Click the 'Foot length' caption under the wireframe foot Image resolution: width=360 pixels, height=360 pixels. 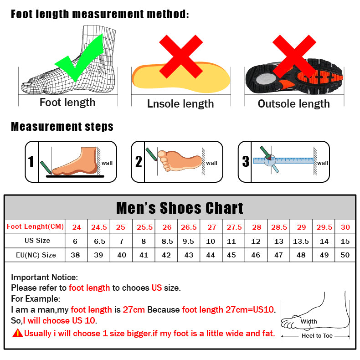pos(67,103)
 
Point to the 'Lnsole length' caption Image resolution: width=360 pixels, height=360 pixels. pos(180,104)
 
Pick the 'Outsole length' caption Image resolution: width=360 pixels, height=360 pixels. pos(293,104)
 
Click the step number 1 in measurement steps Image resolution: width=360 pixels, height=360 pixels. pos(31,162)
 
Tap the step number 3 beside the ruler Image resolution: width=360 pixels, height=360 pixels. pos(246,162)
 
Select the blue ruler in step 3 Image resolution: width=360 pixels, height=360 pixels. pos(283,160)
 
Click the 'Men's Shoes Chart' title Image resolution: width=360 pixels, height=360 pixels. pos(180,208)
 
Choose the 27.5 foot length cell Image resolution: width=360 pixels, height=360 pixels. pos(234,227)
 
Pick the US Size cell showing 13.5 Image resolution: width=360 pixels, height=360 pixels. pos(301,241)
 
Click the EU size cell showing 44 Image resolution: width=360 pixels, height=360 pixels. pos(211,255)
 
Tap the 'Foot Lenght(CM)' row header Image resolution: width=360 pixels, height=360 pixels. pos(36,226)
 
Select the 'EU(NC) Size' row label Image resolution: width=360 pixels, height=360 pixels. pos(36,255)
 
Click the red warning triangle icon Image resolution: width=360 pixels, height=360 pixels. pos(17,333)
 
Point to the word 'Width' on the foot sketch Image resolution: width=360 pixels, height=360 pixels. pos(309,321)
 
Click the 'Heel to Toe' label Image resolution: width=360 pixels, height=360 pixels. pos(317,336)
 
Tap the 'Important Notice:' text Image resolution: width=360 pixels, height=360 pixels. pos(45,277)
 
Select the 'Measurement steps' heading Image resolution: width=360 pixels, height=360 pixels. pos(62,126)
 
